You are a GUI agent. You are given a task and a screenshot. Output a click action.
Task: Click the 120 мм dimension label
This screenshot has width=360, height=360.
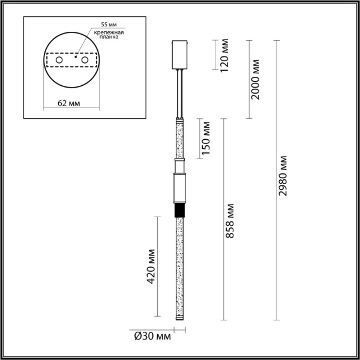pos(224,55)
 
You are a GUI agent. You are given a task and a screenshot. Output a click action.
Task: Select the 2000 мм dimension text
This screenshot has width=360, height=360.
pos(255,79)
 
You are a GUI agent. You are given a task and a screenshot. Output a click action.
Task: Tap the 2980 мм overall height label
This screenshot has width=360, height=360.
pos(283,176)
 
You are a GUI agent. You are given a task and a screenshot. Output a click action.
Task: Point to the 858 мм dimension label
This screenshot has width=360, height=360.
pos(229,221)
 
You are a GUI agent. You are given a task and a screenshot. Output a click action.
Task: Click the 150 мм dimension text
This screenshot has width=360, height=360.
pos(205,137)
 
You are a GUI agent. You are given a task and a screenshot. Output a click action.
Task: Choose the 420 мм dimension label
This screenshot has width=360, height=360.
pos(151,266)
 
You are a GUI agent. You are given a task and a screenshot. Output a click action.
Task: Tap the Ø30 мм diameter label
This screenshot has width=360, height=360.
pos(152,337)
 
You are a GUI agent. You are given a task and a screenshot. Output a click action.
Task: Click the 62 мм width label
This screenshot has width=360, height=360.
pos(69,103)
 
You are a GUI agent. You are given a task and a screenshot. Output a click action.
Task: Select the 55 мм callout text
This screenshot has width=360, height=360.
pos(109,25)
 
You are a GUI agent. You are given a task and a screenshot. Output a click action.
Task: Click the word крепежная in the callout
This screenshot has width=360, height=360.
pos(109,32)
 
